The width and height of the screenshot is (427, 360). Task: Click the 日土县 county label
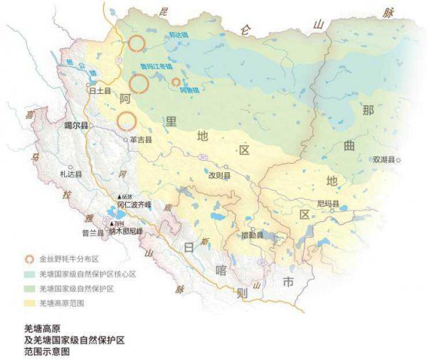(x=97, y=91)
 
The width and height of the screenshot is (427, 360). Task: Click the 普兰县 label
(x=93, y=233)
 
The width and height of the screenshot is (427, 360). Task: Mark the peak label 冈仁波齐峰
(x=134, y=203)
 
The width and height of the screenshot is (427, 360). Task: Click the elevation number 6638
(x=128, y=196)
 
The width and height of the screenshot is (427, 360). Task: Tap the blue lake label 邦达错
(x=178, y=34)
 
